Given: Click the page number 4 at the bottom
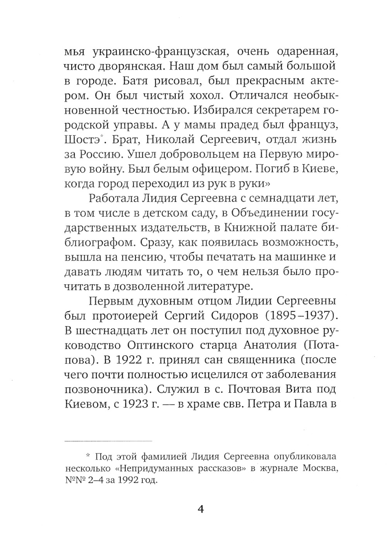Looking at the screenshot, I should [200, 509].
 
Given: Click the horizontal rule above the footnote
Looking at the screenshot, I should [108, 441].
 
